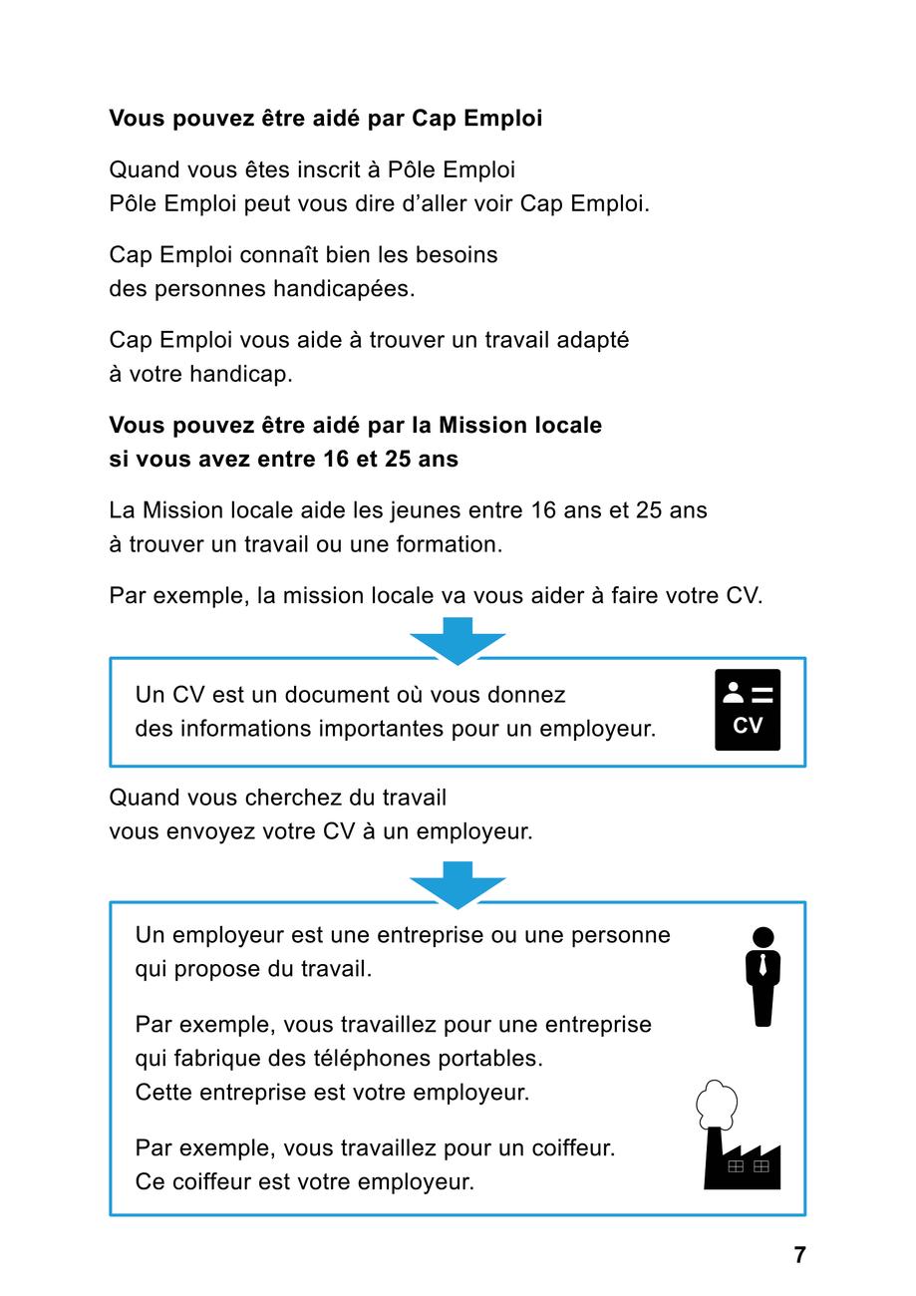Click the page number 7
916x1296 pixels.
pyautogui.click(x=799, y=1255)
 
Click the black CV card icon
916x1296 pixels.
pyautogui.click(x=748, y=710)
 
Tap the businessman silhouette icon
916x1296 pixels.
pyautogui.click(x=763, y=977)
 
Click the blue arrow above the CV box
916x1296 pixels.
pyautogui.click(x=458, y=640)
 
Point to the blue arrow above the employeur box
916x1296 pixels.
pyautogui.click(x=458, y=884)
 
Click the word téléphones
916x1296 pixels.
pyautogui.click(x=389, y=1058)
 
